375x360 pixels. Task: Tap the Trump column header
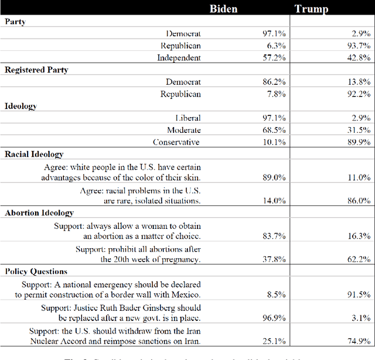(312, 9)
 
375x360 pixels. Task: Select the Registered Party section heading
(36, 70)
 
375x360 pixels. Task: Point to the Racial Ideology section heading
(34, 154)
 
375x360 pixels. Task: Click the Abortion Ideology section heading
(39, 212)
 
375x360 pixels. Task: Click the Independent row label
(179, 57)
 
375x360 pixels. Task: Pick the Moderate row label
(183, 130)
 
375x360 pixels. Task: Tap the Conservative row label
(176, 142)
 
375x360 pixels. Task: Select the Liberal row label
(187, 118)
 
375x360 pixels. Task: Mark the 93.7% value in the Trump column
(358, 46)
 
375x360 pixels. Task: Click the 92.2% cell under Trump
(358, 94)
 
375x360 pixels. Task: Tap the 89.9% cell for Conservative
(358, 142)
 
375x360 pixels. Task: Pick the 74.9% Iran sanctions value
(358, 341)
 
